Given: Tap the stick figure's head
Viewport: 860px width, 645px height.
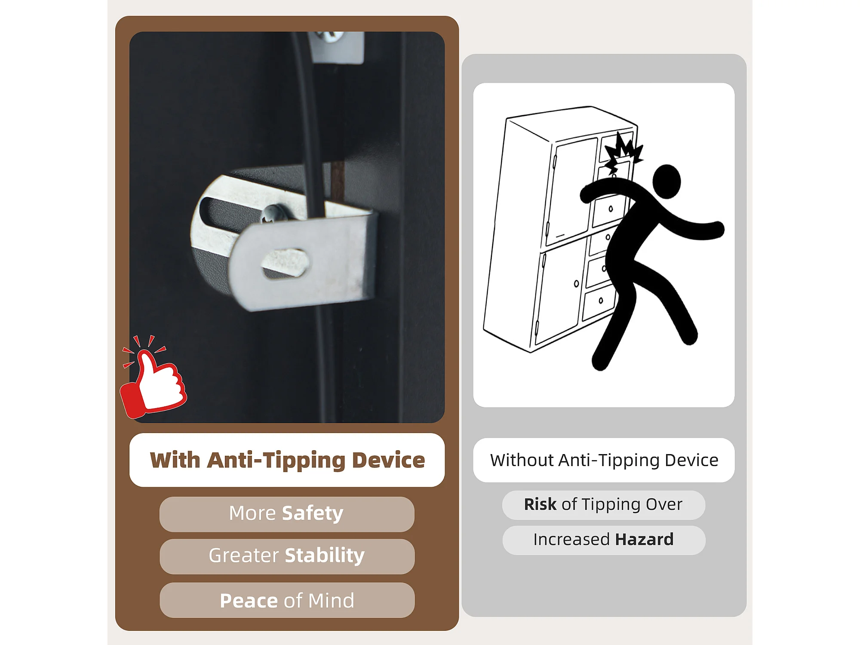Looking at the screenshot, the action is (x=666, y=181).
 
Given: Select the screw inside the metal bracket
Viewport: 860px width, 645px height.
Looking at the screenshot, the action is (x=273, y=213).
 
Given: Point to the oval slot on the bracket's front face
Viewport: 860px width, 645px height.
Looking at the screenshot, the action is (x=285, y=263).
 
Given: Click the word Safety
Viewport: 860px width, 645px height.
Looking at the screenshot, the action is (x=313, y=513).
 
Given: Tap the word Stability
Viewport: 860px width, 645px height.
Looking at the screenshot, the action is (x=325, y=556).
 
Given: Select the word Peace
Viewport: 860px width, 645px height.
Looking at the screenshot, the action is (x=249, y=601).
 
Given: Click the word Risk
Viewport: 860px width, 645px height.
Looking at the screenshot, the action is (x=540, y=504).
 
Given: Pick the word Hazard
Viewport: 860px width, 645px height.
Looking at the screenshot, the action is (x=644, y=540).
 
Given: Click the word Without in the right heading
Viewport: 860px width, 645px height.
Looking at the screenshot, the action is (x=522, y=460).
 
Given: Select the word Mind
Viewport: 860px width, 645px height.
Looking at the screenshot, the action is (x=331, y=601).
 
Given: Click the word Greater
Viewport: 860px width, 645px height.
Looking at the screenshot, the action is (x=244, y=556).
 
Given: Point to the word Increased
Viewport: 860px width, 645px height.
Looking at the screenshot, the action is (x=571, y=540).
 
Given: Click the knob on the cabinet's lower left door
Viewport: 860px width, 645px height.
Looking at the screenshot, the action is (x=576, y=284).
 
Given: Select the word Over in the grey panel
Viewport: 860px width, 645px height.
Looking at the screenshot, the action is (x=664, y=504).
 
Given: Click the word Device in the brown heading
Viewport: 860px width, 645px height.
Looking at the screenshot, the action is (x=388, y=460).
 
